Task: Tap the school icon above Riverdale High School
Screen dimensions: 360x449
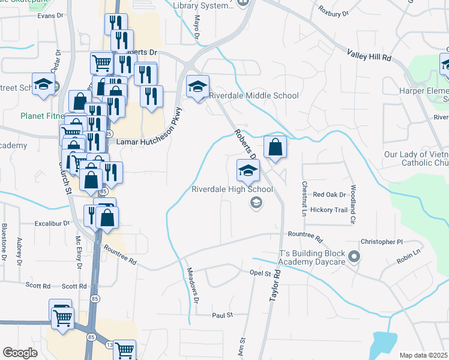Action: click(248, 171)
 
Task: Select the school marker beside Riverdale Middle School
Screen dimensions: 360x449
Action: click(197, 88)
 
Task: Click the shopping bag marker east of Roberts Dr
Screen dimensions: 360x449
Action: click(275, 147)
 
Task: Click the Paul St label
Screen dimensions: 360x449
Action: click(221, 314)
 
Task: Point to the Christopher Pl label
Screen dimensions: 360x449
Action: click(381, 242)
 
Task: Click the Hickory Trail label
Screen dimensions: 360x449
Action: click(325, 210)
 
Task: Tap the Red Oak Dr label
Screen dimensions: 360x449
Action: click(329, 194)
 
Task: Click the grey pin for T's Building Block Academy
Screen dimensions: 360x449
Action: click(354, 257)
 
